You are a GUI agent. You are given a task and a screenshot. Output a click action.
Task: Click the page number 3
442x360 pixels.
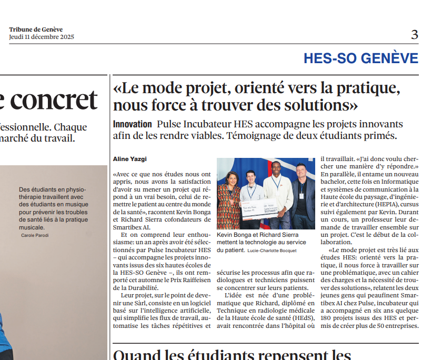[415, 35]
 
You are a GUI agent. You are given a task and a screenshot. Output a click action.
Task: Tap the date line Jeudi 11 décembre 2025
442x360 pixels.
[42, 37]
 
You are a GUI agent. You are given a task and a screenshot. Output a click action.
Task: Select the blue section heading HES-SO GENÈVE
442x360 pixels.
[360, 58]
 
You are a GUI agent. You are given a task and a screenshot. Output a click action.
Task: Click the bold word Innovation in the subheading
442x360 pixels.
[133, 124]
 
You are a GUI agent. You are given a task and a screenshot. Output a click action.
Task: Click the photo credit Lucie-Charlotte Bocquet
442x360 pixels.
[272, 251]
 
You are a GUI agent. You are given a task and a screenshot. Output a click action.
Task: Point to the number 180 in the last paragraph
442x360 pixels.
[327, 317]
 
